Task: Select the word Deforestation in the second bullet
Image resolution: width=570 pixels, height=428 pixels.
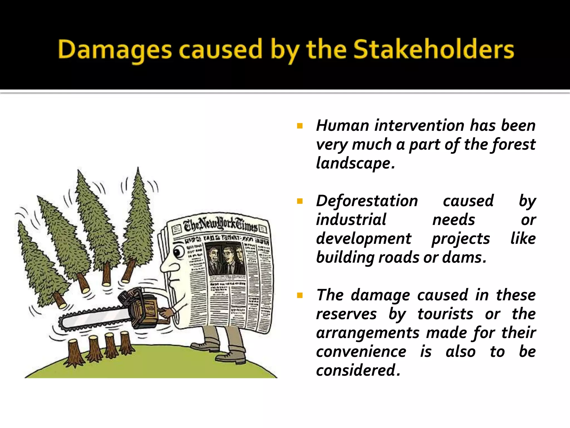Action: point(367,201)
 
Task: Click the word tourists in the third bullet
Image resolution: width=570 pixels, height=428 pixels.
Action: point(445,314)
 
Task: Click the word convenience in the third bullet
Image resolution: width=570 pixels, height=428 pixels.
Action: point(361,352)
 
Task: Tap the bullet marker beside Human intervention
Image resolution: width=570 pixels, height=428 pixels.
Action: point(300,126)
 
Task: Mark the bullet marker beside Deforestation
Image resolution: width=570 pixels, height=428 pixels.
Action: point(300,201)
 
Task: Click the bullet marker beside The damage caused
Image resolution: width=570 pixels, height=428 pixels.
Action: point(300,295)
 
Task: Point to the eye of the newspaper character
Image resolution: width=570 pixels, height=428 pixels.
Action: point(178,252)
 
